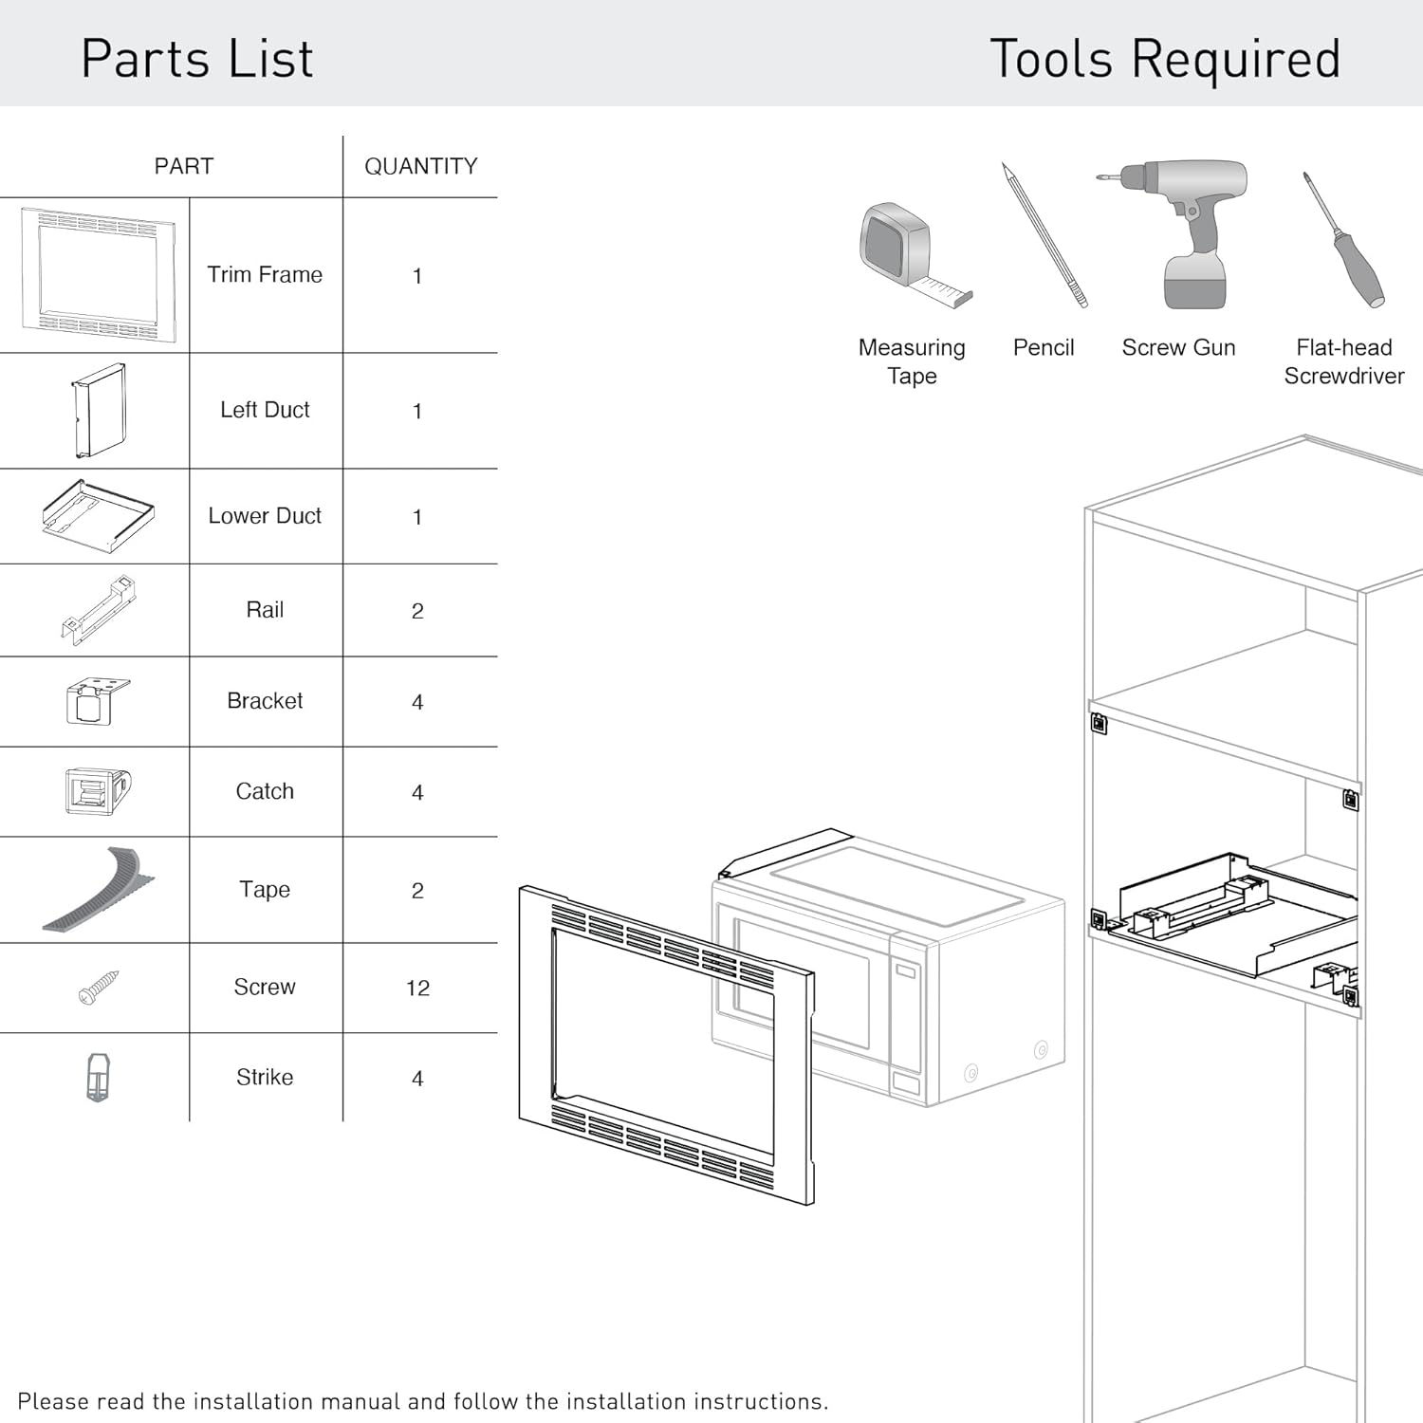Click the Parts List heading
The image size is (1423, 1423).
point(196,59)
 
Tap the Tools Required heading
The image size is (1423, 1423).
point(1164,59)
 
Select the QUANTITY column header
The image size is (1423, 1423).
point(420,166)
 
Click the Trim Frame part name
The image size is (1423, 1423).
point(265,274)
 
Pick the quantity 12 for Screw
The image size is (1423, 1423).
point(417,989)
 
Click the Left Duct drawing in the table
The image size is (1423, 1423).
point(99,411)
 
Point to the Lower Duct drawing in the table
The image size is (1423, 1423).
point(98,516)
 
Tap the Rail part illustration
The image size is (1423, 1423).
point(99,610)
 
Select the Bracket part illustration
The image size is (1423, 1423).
point(97,701)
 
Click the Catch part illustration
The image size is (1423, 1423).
point(97,791)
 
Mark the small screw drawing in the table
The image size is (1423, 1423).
point(99,988)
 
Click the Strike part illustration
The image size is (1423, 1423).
point(98,1078)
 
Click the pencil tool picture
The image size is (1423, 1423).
point(1044,235)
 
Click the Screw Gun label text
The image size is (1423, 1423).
point(1178,347)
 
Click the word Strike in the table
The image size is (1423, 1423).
point(265,1077)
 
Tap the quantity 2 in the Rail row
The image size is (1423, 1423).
point(417,611)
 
